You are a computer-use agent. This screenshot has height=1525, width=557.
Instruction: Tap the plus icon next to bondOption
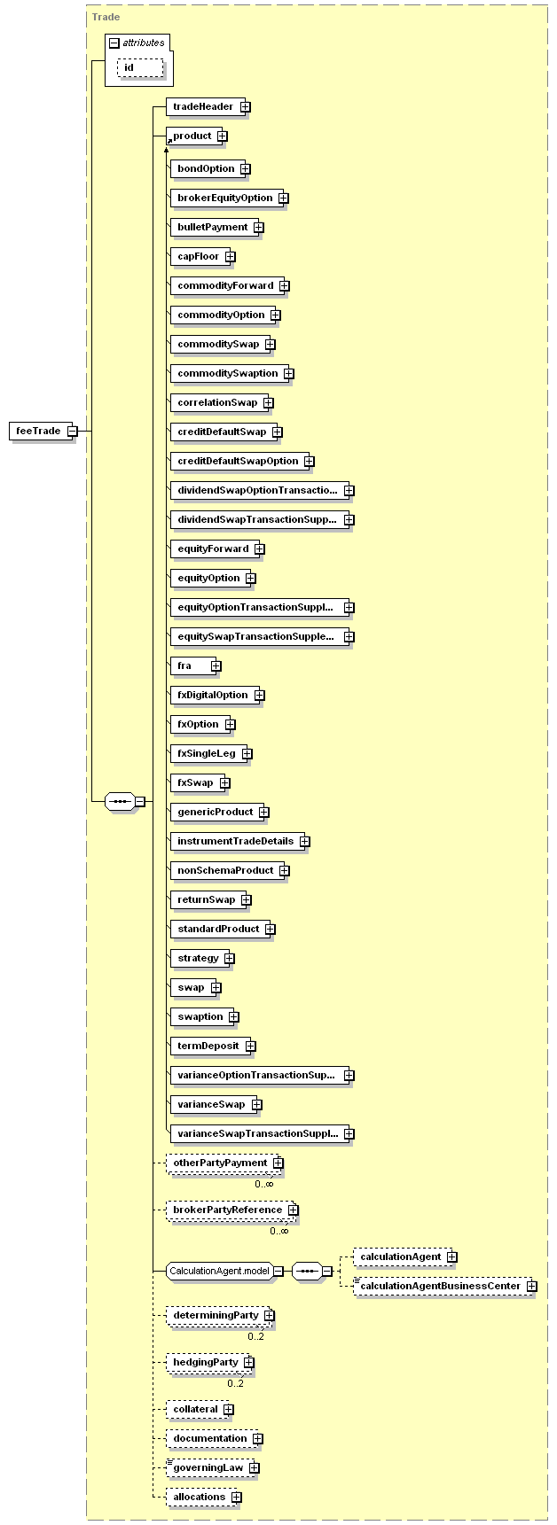click(x=245, y=168)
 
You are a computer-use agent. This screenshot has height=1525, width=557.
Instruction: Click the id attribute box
click(x=140, y=68)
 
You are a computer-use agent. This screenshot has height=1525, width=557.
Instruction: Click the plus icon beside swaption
click(x=234, y=1016)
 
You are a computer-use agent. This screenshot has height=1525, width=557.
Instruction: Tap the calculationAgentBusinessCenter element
click(x=444, y=1286)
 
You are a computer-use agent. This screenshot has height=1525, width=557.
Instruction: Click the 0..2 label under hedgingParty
click(x=235, y=1383)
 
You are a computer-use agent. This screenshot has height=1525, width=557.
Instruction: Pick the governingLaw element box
click(x=212, y=1467)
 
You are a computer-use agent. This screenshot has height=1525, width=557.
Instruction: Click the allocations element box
click(x=203, y=1497)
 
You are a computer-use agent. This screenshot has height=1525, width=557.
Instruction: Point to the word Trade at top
click(x=106, y=17)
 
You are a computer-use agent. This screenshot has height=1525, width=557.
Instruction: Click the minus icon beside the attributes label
click(x=114, y=43)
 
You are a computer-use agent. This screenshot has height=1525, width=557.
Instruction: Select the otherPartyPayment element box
click(x=224, y=1163)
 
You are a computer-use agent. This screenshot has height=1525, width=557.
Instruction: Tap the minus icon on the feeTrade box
click(x=73, y=432)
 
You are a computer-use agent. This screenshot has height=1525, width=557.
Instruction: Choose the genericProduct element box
click(x=219, y=812)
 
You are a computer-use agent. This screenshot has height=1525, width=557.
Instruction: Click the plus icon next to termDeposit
click(x=251, y=1046)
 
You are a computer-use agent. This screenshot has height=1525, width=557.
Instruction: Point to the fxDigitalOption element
click(x=217, y=695)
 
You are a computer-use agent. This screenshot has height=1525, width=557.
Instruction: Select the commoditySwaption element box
click(x=231, y=373)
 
